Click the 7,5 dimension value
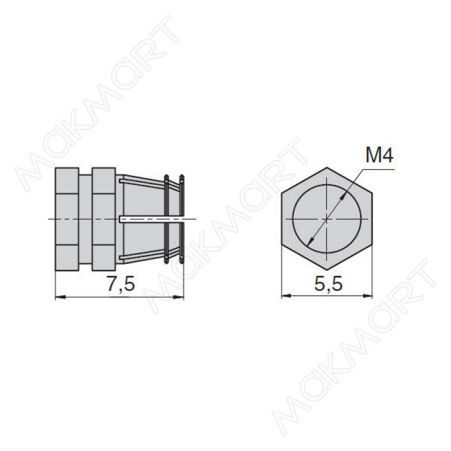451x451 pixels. click(121, 284)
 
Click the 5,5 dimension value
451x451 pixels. click(329, 284)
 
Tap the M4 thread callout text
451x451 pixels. click(379, 156)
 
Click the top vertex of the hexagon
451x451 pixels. click(327, 167)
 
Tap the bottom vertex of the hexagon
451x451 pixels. click(327, 270)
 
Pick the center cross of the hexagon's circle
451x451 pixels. click(327, 219)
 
